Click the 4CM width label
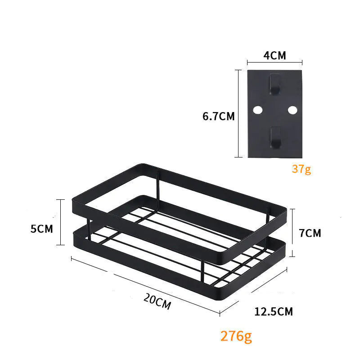[274, 56]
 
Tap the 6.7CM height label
[219, 116]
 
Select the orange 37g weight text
[301, 169]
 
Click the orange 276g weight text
[236, 336]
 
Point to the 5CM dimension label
[42, 229]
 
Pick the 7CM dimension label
[310, 233]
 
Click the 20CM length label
[157, 300]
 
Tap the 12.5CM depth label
[274, 311]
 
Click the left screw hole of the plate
[258, 110]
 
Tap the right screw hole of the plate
[292, 110]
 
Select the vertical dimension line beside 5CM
[59, 223]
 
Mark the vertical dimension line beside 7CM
[293, 232]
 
